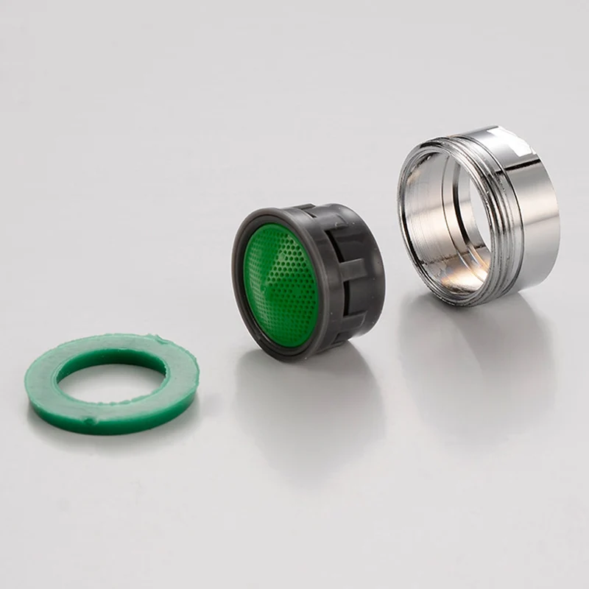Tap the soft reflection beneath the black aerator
pos(309,398)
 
